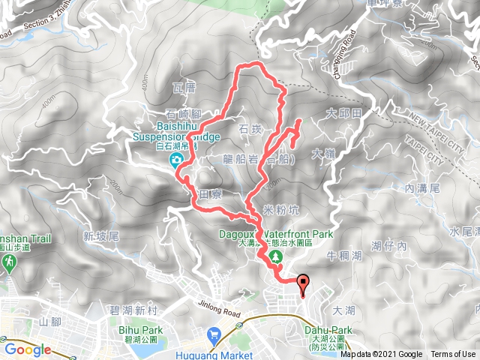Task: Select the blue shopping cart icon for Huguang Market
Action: [214, 333]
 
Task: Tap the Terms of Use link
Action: [453, 355]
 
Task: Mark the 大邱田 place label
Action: [345, 113]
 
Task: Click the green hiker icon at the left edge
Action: [9, 262]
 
